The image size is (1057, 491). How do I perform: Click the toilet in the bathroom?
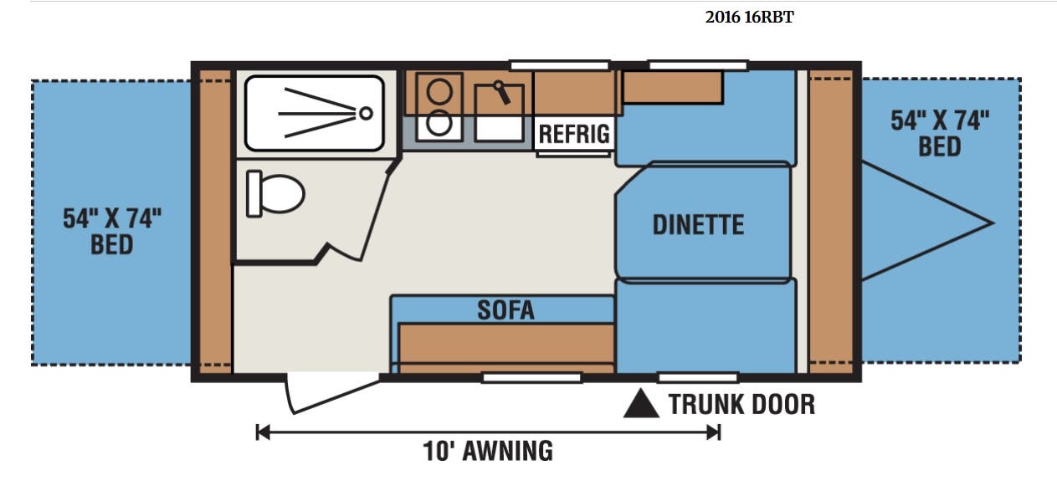pyautogui.click(x=276, y=193)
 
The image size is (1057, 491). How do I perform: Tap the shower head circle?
pyautogui.click(x=366, y=113)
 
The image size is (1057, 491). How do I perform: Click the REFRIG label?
pyautogui.click(x=574, y=134)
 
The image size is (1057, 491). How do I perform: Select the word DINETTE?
pyautogui.click(x=698, y=224)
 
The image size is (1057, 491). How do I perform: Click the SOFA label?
pyautogui.click(x=505, y=309)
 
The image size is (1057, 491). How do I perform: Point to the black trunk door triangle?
pyautogui.click(x=641, y=404)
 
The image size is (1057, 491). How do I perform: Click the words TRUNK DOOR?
pyautogui.click(x=741, y=404)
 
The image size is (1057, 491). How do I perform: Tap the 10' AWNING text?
pyautogui.click(x=488, y=451)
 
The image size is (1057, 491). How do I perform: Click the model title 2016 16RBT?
pyautogui.click(x=749, y=17)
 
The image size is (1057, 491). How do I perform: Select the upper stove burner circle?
pyautogui.click(x=439, y=91)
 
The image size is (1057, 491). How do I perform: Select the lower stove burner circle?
pyautogui.click(x=439, y=123)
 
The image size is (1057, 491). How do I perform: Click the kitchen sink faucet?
pyautogui.click(x=502, y=93)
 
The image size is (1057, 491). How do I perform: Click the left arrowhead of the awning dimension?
pyautogui.click(x=262, y=432)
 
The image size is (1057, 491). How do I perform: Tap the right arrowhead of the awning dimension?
pyautogui.click(x=714, y=432)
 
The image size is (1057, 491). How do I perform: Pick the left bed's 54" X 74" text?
pyautogui.click(x=112, y=218)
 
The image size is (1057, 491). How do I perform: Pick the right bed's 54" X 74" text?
pyautogui.click(x=940, y=120)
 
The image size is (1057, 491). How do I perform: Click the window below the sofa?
pyautogui.click(x=531, y=377)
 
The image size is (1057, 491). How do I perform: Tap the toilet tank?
pyautogui.click(x=254, y=193)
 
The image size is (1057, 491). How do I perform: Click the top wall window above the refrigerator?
pyautogui.click(x=560, y=65)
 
